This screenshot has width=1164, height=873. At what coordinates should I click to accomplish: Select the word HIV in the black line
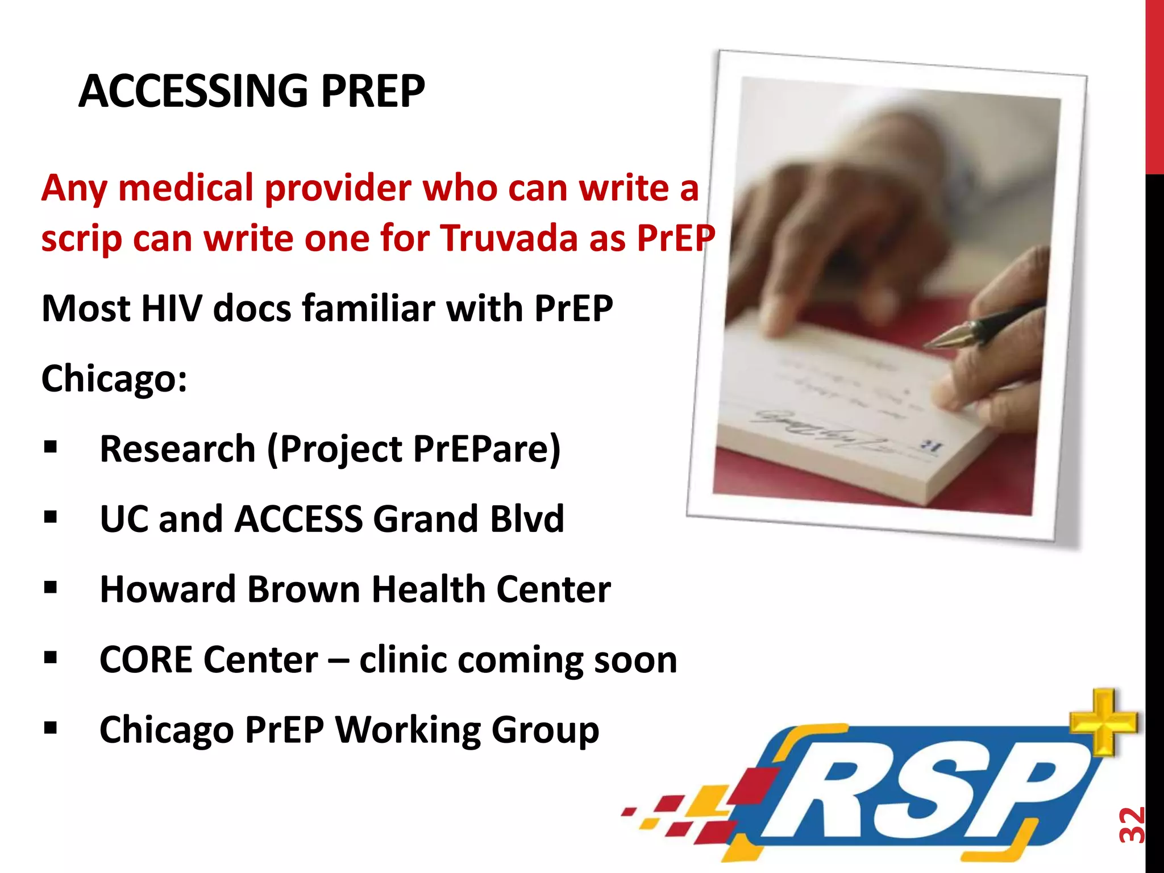click(x=171, y=309)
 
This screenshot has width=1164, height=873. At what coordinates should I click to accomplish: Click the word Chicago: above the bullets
click(x=114, y=379)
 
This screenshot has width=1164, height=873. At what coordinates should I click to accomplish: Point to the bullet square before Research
click(x=51, y=447)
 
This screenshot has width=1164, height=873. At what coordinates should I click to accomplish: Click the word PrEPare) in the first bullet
click(x=487, y=449)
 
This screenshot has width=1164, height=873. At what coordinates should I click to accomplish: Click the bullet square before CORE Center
click(x=51, y=658)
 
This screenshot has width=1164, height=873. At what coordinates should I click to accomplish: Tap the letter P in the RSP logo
click(x=1023, y=796)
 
